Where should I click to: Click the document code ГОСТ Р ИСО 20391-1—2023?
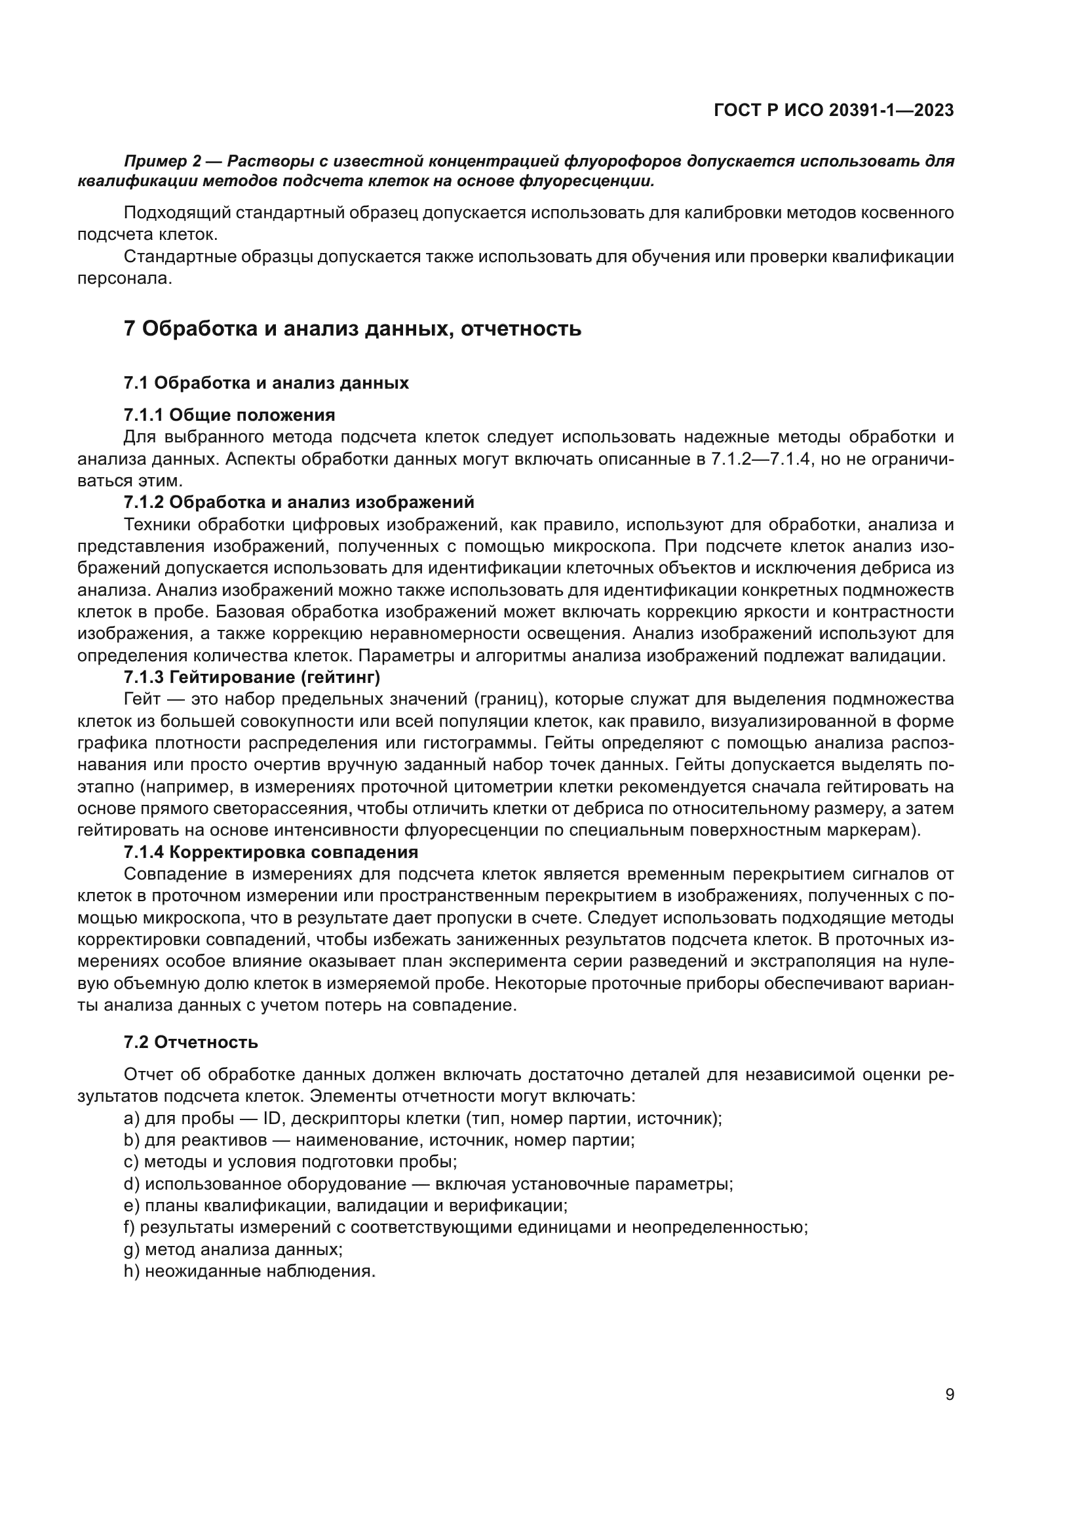833,111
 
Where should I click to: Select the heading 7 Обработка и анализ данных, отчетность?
353,329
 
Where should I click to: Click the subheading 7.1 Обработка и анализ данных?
265,383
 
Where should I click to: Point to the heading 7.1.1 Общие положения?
229,416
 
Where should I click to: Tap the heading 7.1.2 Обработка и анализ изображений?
298,502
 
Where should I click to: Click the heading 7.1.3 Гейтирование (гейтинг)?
252,678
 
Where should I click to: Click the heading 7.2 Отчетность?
191,1042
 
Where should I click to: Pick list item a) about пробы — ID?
423,1118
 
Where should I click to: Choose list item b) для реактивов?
379,1140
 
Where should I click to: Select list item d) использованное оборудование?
428,1184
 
